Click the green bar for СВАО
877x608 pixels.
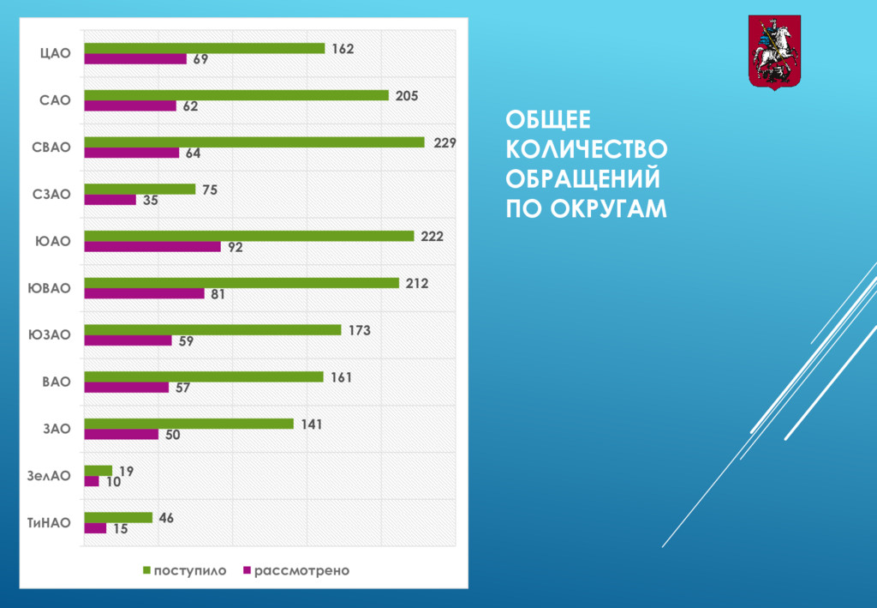(254, 142)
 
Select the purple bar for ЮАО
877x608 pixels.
(152, 247)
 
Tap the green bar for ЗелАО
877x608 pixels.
(98, 470)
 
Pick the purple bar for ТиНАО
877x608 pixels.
(95, 528)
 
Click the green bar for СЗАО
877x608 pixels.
(140, 190)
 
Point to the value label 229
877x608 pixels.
(444, 143)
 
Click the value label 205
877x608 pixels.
(407, 96)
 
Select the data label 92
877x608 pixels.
(236, 248)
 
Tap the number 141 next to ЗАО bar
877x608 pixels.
(312, 424)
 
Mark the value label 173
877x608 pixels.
(359, 330)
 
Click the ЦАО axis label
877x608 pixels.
(56, 53)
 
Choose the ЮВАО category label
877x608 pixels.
(50, 288)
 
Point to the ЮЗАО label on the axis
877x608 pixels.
(50, 334)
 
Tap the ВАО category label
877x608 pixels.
(57, 381)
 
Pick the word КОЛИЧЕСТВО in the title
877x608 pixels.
(586, 150)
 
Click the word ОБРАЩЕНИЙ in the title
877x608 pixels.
(582, 179)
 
